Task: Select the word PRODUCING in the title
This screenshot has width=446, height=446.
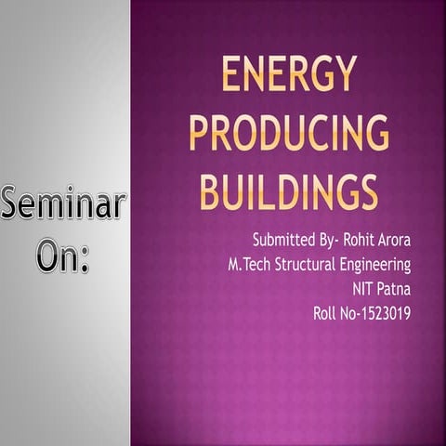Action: coord(289,133)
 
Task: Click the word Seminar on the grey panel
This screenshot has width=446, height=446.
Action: coord(63,205)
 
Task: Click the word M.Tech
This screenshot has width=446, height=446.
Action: coord(251,265)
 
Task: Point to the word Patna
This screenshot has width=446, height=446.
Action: coord(392,289)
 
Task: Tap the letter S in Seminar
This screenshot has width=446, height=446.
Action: coord(13,205)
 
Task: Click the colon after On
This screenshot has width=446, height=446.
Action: coord(85,257)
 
